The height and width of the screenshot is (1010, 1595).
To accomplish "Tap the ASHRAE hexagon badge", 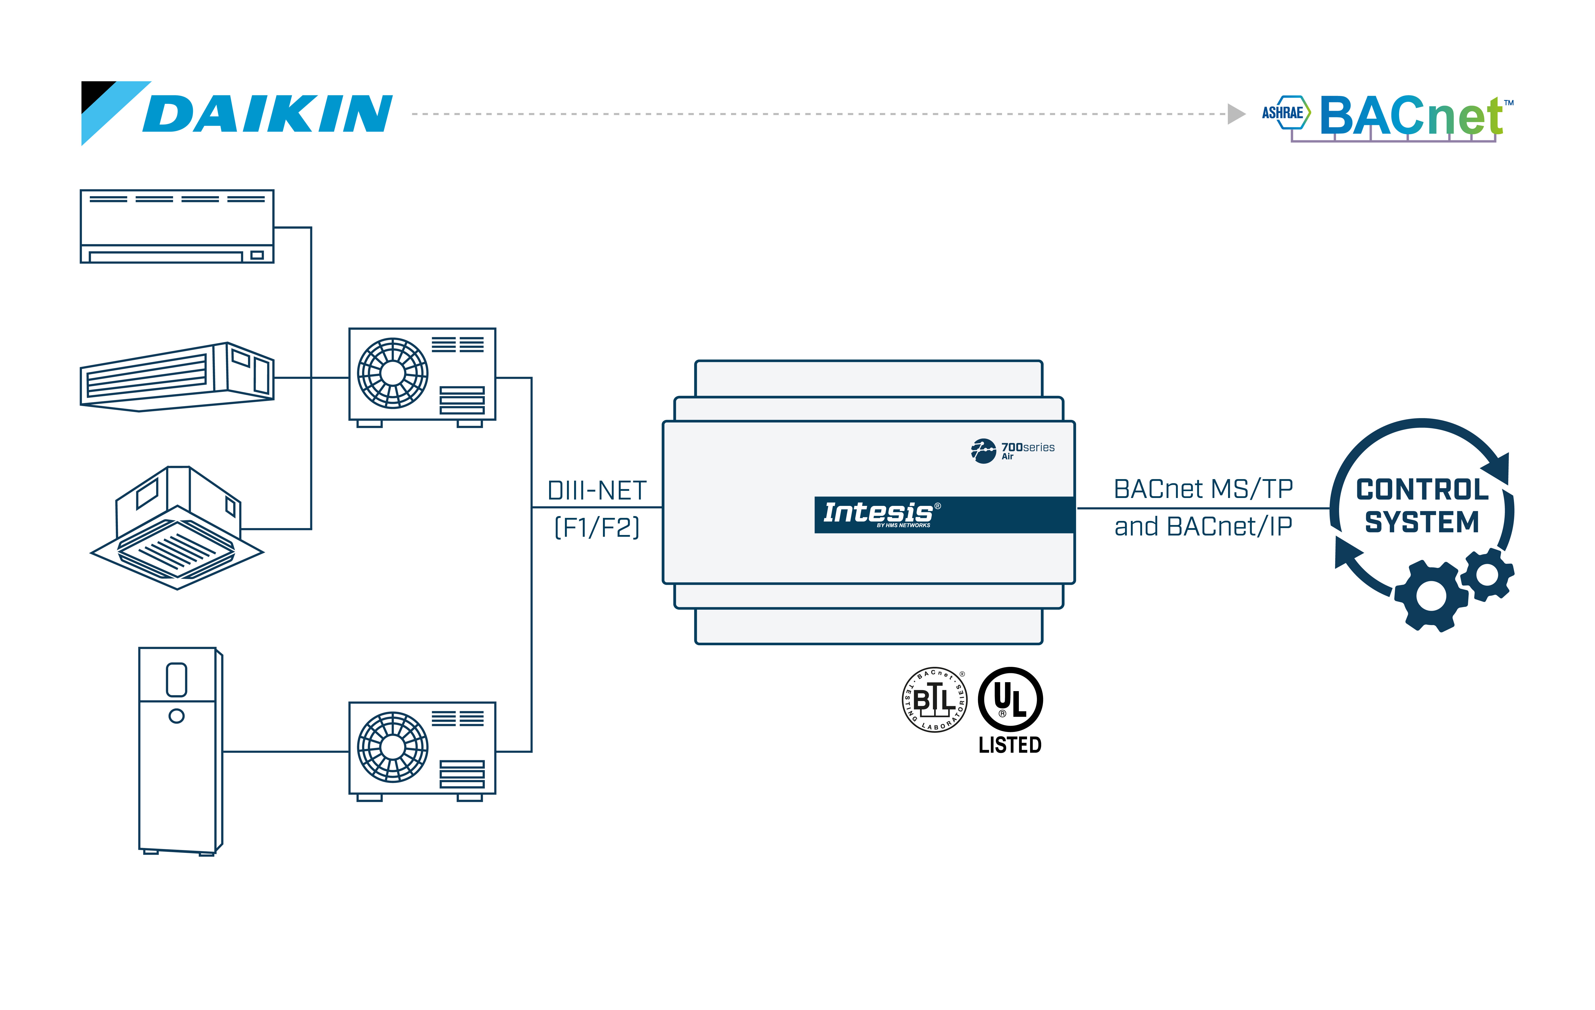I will (x=1285, y=113).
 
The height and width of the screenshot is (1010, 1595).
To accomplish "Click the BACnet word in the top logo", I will (x=1411, y=116).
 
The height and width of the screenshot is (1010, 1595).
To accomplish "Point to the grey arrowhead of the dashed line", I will (x=1236, y=114).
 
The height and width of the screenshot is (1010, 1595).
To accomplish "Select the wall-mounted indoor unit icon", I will (x=177, y=227).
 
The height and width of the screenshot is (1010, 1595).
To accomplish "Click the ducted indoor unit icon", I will (x=177, y=378).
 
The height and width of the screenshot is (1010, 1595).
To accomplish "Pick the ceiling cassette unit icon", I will (x=177, y=528).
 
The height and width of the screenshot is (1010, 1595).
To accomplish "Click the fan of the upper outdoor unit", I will (x=393, y=373).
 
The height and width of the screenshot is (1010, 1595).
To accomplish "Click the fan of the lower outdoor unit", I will (x=393, y=747).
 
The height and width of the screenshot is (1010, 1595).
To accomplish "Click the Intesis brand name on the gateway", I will (x=878, y=513).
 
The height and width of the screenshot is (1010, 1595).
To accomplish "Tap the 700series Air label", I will (x=1027, y=450).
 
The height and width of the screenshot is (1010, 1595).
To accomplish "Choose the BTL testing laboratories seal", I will (x=935, y=699).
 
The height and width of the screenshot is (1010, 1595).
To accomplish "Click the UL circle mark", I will (x=1010, y=699).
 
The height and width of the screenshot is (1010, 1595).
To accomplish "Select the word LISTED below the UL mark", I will (x=1010, y=745).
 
